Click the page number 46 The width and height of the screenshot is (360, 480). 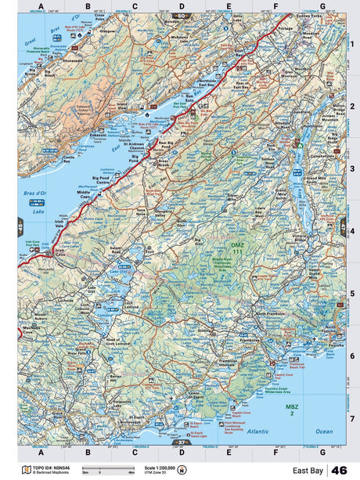pos(340,470)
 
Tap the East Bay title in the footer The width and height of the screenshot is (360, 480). pos(308,470)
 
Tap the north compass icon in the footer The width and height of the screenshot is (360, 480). pos(182,470)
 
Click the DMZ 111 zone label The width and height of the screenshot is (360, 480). pos(238,248)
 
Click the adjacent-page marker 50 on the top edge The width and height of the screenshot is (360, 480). pos(182,15)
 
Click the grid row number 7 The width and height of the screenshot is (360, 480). pos(352,418)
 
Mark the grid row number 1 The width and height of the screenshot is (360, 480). pos(352,44)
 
